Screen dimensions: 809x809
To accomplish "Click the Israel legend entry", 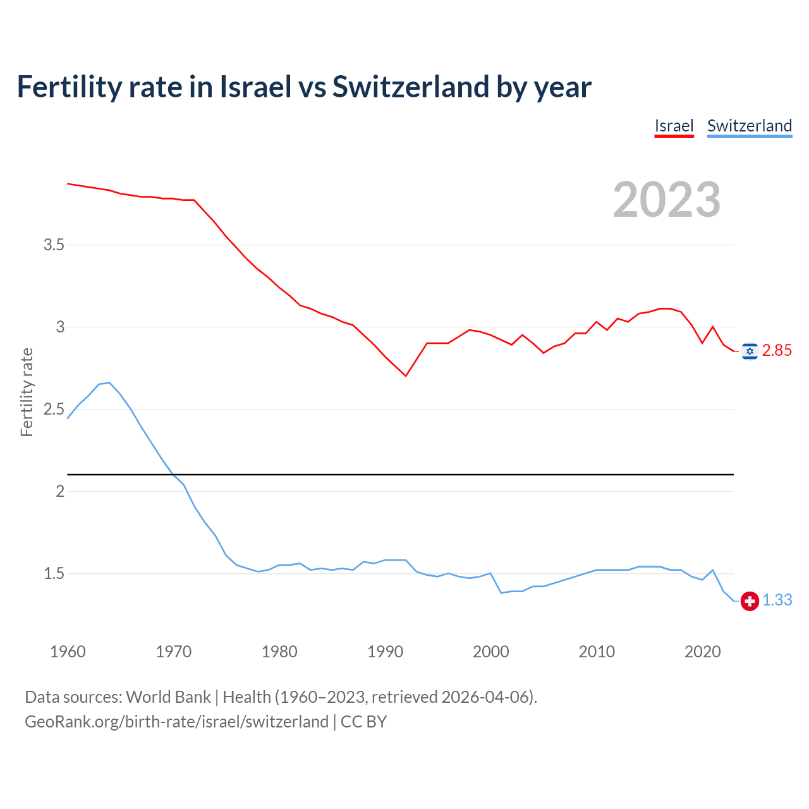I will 674,126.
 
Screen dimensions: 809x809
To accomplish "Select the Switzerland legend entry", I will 749,126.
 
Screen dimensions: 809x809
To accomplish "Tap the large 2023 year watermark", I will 667,200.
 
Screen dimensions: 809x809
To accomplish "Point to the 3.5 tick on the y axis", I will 54,245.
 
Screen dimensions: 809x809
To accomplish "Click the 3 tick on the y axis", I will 60,327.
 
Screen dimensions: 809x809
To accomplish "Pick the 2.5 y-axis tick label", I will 54,410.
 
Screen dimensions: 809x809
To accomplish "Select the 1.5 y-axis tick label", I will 54,574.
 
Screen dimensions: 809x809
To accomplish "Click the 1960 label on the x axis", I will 68,652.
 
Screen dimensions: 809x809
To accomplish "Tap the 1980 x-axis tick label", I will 279,652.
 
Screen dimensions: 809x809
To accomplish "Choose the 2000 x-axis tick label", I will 491,652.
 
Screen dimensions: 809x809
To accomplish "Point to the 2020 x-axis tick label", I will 702,652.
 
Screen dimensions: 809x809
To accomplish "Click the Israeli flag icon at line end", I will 750,351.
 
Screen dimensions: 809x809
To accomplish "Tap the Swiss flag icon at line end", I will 750,601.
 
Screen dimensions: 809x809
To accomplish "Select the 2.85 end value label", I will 777,351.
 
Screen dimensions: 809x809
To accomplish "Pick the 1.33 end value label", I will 777,600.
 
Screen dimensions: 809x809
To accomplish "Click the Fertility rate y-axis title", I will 27,392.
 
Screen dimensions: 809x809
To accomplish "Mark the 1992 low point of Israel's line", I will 406,376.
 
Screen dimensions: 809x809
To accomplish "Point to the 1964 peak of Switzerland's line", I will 109,382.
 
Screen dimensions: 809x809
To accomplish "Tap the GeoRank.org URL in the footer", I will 176,722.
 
